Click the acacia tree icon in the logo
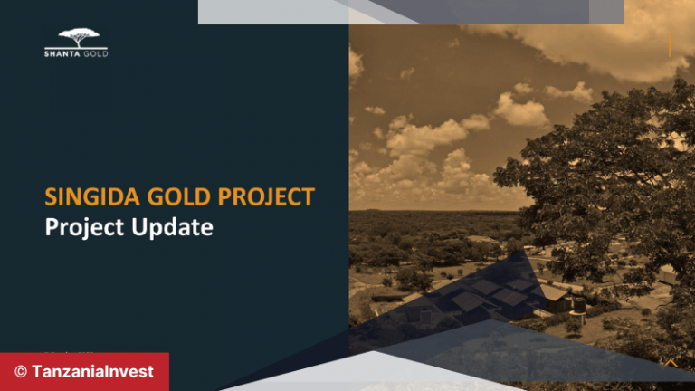[x=76, y=38]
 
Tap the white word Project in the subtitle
[x=82, y=226]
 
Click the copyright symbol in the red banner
[x=20, y=372]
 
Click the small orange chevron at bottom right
[x=671, y=362]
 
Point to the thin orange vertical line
[x=670, y=43]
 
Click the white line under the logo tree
[x=76, y=48]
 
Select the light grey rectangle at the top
[x=411, y=12]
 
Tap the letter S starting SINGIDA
[x=52, y=196]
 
